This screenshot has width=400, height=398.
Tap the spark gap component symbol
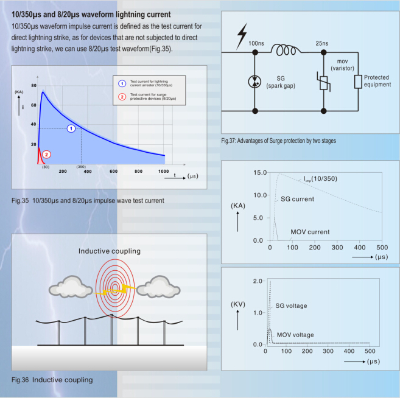[x=254, y=82]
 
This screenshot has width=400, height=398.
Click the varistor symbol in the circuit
[x=323, y=82]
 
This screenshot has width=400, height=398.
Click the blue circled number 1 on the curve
[x=71, y=128]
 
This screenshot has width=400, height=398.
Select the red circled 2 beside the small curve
[x=45, y=155]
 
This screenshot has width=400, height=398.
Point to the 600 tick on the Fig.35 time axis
[x=114, y=172]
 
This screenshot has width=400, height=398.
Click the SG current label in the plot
[x=297, y=199]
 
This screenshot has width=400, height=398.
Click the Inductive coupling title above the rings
[x=110, y=251]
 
